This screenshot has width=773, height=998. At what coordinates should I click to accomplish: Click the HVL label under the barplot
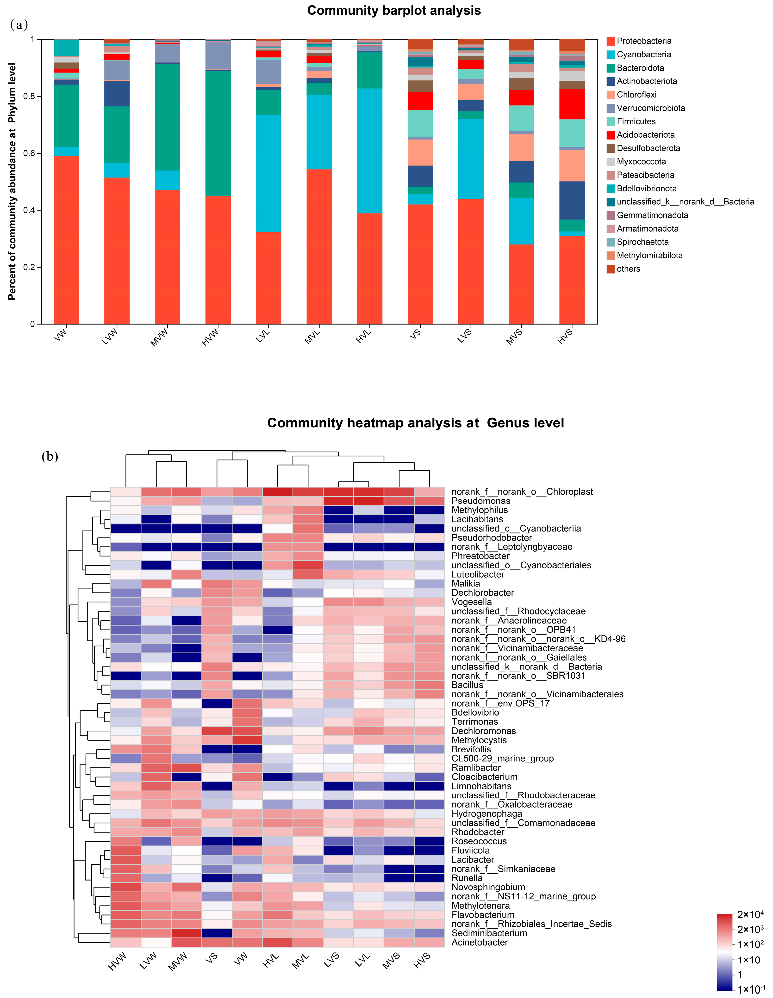coord(364,337)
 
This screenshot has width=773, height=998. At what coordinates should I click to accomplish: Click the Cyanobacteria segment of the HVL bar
coord(370,151)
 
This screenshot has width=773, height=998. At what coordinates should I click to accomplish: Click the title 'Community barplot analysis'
coord(394,11)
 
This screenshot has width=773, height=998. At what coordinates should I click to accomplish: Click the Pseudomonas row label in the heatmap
coord(481,501)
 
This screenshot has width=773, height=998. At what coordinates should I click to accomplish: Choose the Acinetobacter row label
coord(479,942)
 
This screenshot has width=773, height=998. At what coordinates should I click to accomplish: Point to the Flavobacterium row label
coord(483,915)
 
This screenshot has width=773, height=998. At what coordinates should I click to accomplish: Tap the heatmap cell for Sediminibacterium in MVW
coord(187,933)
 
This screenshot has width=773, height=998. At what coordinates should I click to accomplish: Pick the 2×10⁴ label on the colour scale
coord(750,914)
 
